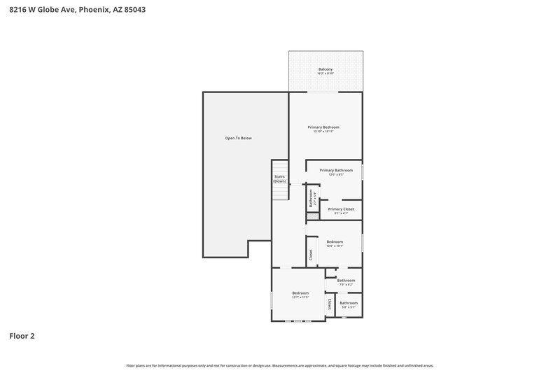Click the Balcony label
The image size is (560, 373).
click(325, 69)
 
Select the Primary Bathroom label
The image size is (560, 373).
click(336, 170)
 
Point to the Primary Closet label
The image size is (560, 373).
click(341, 209)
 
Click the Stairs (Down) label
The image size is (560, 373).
click(279, 178)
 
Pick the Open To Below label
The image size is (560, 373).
click(238, 138)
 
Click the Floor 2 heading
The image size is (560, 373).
click(22, 336)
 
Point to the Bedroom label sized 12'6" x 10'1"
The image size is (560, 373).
click(335, 241)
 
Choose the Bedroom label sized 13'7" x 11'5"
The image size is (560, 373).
click(300, 293)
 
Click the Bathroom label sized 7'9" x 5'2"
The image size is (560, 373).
click(346, 280)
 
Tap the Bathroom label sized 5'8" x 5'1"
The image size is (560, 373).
click(349, 302)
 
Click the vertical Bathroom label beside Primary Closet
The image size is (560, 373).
click(311, 198)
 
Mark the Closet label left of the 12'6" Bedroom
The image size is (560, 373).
click(311, 255)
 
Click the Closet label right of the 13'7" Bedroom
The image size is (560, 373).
click(329, 304)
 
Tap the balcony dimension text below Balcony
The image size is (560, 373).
click(325, 73)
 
